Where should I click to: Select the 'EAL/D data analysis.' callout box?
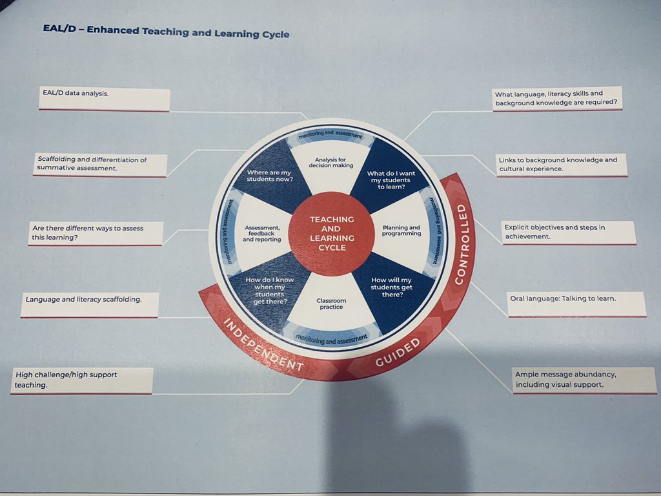click(104, 99)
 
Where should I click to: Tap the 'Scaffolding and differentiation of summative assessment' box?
click(101, 165)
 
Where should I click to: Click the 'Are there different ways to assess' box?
click(97, 234)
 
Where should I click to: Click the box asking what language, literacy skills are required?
click(556, 99)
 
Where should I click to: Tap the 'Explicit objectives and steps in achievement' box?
click(568, 232)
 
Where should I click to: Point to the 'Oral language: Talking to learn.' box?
click(576, 304)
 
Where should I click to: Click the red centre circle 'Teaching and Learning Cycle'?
click(332, 233)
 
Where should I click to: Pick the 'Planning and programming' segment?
click(400, 231)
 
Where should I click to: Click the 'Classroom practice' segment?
click(330, 304)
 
